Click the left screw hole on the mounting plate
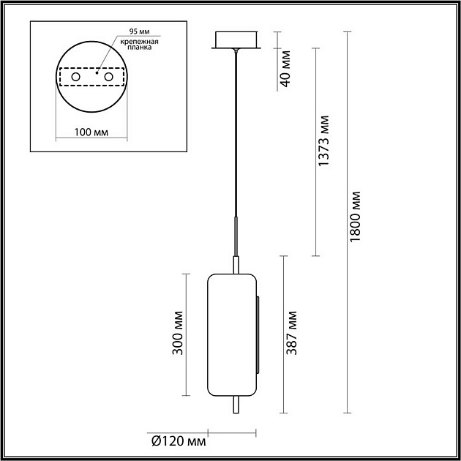pos(75,77)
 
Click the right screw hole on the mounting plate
pos(109,77)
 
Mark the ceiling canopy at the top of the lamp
pos(236,40)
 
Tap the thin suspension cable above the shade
pos(235,132)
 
